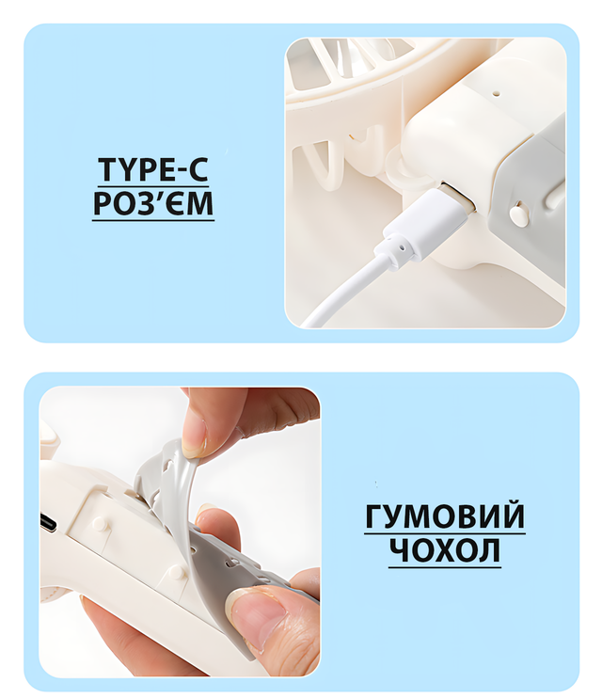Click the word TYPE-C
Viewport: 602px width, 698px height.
(153, 169)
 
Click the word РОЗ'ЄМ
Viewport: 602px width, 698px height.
(153, 203)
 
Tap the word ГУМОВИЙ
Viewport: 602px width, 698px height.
(445, 516)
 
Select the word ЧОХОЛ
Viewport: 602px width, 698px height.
(445, 550)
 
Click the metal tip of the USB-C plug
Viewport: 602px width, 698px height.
(459, 198)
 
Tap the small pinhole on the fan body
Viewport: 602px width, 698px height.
(497, 94)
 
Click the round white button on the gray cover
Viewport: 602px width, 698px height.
(517, 214)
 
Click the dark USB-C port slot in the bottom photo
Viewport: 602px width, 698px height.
(49, 522)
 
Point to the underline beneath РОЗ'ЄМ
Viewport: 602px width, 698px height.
(153, 219)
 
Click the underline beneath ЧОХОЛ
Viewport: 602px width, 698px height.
(445, 566)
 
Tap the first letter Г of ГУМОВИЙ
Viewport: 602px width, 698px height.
(374, 516)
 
